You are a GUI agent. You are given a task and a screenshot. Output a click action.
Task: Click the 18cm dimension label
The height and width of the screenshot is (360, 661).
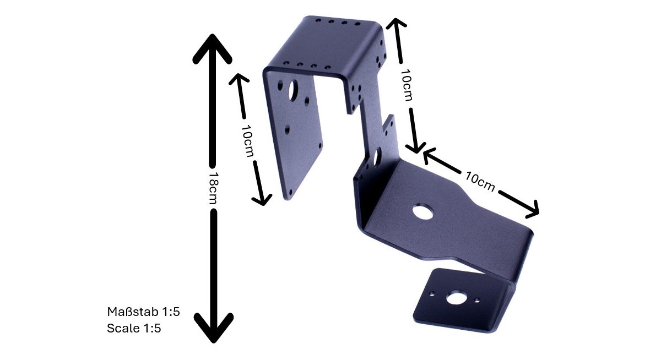213,188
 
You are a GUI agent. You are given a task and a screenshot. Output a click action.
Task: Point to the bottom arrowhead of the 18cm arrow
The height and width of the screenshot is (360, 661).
213,328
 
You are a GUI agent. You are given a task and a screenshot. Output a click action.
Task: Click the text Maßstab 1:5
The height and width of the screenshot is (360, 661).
143,312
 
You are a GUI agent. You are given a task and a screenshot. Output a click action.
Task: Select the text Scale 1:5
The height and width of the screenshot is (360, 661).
134,328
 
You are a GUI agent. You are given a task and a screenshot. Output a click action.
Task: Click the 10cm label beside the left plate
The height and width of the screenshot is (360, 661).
247,140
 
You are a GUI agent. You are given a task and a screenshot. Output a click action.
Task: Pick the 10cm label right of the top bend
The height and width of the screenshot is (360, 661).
407,85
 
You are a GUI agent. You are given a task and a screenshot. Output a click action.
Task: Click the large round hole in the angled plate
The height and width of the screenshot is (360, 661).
422,212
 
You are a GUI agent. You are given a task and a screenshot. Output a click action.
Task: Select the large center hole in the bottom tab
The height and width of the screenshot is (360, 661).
456,297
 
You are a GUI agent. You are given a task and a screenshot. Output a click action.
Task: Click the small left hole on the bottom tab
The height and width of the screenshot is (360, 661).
432,294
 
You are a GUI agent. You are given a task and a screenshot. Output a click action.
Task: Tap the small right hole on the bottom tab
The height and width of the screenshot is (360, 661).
477,301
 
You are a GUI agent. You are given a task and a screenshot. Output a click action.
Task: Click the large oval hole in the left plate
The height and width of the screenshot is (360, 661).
293,90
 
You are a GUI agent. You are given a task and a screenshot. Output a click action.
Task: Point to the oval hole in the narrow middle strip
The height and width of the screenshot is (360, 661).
377,157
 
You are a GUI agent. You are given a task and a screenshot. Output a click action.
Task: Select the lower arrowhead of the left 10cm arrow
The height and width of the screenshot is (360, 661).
262,200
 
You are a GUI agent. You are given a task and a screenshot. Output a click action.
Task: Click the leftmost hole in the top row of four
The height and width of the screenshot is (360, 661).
318,20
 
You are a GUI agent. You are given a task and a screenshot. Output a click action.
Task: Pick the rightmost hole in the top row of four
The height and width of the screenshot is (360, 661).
357,24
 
